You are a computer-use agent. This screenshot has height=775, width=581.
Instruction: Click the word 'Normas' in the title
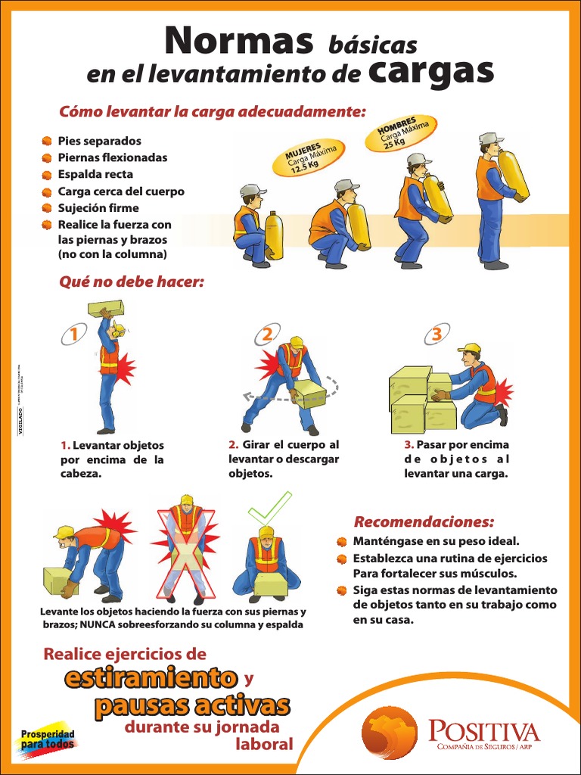pos(239,41)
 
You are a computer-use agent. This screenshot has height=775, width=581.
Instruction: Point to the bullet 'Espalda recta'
pos(95,174)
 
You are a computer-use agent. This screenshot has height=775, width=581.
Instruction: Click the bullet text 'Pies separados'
pos(99,141)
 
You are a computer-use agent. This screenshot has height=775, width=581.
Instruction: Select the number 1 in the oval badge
pos(74,334)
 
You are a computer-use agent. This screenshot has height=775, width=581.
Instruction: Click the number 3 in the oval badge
pos(437,334)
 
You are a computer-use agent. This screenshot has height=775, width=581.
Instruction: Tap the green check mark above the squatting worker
pos(270,507)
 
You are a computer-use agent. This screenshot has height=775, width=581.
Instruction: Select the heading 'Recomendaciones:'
pos(424,522)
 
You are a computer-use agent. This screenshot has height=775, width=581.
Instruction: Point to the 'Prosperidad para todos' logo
pos(47,738)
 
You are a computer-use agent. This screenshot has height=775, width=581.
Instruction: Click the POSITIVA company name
pos(484,731)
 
